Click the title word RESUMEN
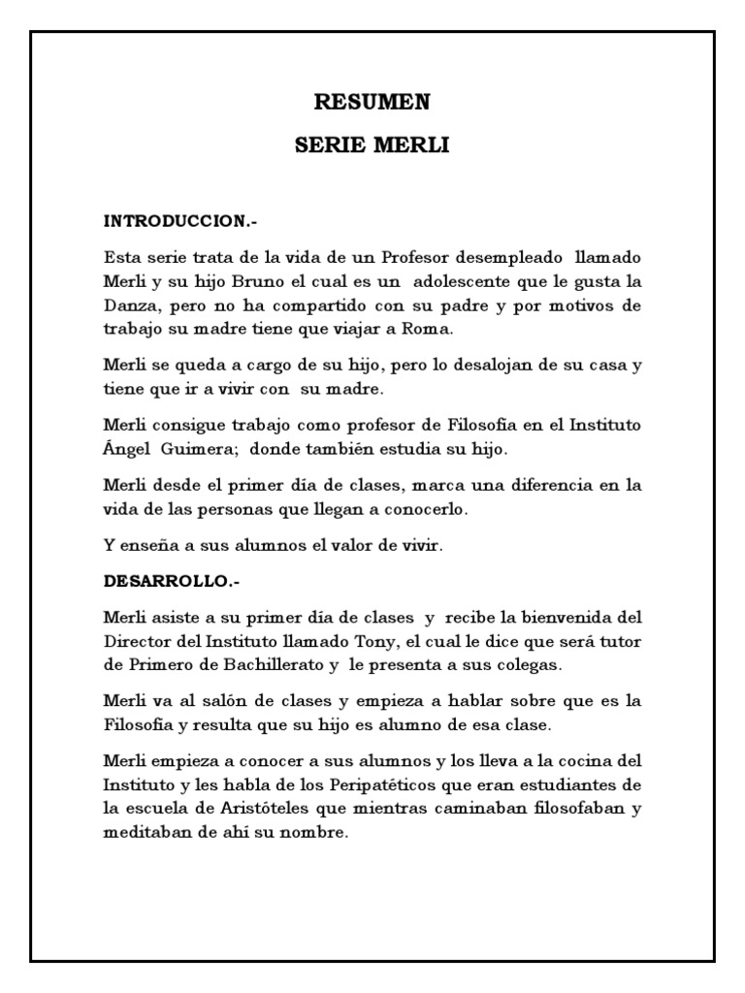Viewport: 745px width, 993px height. point(372,102)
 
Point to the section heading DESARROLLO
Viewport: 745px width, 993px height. point(171,583)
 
